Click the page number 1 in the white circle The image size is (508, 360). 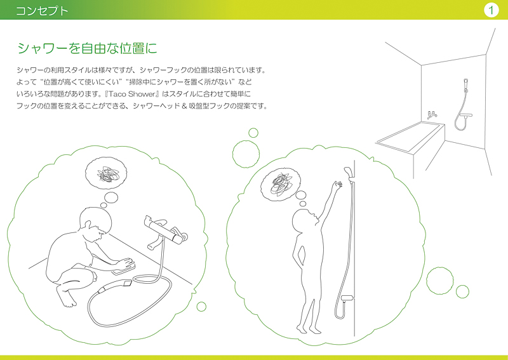(491, 10)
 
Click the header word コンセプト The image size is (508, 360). (42, 10)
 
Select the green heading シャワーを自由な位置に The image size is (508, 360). (87, 48)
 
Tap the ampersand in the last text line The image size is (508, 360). (184, 106)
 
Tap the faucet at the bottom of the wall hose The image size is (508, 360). (347, 298)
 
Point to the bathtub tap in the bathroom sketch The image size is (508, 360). (432, 115)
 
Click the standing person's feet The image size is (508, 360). (309, 330)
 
